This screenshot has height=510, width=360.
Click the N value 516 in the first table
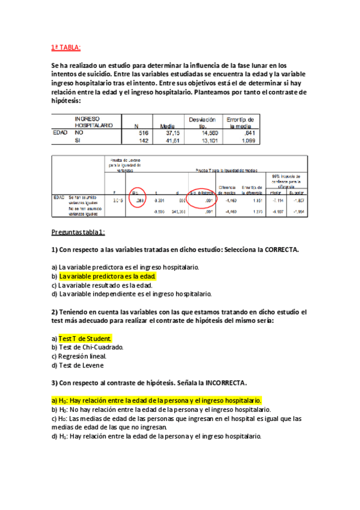coord(143,132)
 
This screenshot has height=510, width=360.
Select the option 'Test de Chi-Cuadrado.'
coord(87,347)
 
